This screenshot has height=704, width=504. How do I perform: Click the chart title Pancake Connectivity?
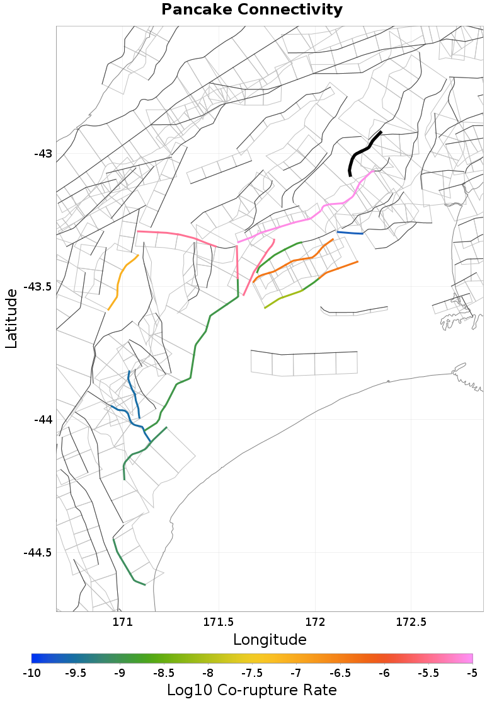252,10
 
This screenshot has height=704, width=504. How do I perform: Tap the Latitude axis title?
11,318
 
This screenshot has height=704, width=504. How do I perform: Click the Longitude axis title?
270,640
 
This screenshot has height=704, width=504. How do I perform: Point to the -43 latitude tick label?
43,154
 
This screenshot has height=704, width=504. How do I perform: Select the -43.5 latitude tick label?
38,287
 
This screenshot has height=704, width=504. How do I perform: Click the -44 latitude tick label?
43,420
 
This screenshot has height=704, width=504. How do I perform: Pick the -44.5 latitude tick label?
38,553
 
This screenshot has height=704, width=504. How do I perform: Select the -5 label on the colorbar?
472,674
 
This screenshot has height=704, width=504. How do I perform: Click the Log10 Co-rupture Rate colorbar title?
251,690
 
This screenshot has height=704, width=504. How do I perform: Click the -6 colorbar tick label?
384,674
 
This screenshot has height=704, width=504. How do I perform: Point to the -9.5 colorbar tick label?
76,674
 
